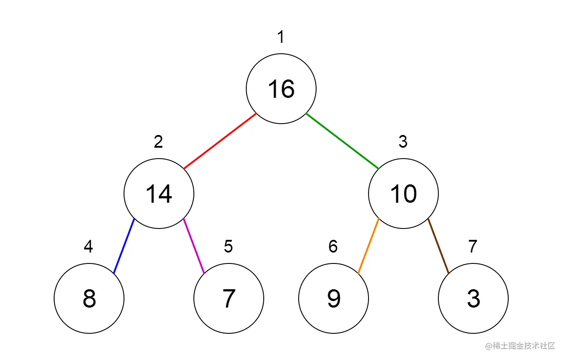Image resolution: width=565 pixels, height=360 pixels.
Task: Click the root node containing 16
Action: [x=281, y=89]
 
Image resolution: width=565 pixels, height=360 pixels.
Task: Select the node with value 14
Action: [x=159, y=194]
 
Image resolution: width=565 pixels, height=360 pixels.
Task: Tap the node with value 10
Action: [x=403, y=194]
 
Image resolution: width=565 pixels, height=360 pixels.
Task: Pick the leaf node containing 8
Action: [x=89, y=298]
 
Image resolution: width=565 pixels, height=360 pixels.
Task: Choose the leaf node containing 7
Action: [x=229, y=298]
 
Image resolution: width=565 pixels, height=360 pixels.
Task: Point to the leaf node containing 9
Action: [x=334, y=298]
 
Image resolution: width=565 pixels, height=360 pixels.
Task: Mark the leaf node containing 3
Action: [x=473, y=298]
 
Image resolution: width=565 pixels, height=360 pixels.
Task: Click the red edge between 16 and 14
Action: [x=220, y=141]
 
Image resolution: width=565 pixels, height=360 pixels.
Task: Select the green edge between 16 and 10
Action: [x=342, y=141]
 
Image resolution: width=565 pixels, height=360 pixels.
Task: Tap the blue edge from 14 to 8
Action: [x=124, y=246]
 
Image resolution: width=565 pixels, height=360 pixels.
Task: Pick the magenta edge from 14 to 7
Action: [x=194, y=246]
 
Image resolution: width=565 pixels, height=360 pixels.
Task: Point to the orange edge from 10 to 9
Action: [x=369, y=246]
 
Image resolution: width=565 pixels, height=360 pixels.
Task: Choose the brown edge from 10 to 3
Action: [x=438, y=246]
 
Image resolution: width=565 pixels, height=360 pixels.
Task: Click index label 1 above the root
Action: [x=281, y=38]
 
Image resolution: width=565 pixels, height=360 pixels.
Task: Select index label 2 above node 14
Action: [x=158, y=142]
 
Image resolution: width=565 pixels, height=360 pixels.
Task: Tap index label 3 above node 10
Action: [x=403, y=142]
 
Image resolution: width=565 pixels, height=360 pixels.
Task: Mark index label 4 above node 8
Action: [x=89, y=247]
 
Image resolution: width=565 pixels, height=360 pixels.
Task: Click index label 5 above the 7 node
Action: [x=228, y=247]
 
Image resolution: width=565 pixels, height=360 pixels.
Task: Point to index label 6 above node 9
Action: [x=333, y=247]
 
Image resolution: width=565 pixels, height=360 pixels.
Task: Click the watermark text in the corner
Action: [x=520, y=346]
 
